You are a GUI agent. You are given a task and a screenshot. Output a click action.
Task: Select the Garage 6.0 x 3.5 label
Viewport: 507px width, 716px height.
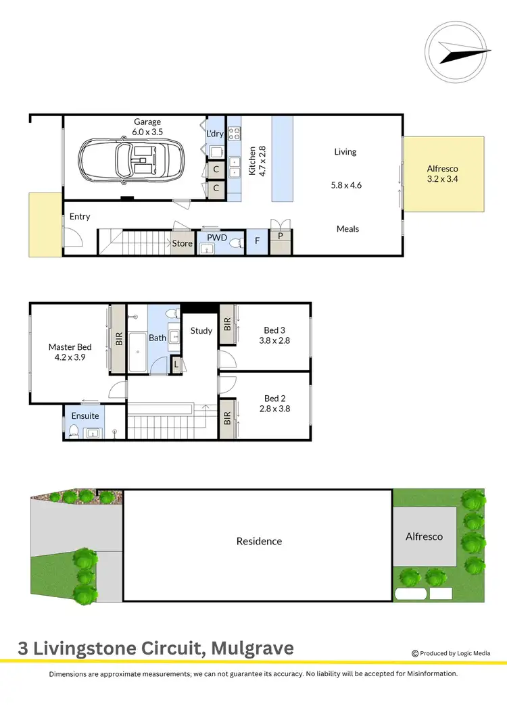147,127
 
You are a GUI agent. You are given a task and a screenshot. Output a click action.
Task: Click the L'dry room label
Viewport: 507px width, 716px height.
215,134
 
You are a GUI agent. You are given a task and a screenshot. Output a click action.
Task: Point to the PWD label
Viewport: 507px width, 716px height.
217,238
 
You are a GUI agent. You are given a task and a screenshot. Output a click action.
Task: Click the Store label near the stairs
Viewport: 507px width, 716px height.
183,243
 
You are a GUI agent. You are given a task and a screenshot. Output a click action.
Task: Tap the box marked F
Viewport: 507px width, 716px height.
257,240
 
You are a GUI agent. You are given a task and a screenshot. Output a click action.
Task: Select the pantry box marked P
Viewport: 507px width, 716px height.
281,236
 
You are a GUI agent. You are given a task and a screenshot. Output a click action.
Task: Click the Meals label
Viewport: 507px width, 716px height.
347,229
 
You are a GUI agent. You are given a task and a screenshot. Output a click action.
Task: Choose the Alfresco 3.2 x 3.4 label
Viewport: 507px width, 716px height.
443,174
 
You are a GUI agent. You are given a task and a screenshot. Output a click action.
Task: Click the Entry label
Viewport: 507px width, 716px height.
80,217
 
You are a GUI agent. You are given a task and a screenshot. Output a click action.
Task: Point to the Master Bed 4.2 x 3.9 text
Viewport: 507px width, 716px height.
70,352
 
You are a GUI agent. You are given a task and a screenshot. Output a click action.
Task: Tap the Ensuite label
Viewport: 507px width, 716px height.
85,416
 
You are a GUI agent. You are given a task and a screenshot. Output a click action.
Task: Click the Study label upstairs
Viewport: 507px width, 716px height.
201,331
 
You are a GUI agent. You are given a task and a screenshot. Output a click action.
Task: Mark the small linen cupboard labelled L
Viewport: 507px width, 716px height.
176,364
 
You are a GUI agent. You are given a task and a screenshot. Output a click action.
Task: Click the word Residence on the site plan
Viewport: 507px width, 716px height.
259,541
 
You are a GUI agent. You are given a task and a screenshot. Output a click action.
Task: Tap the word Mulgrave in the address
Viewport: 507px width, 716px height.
253,648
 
